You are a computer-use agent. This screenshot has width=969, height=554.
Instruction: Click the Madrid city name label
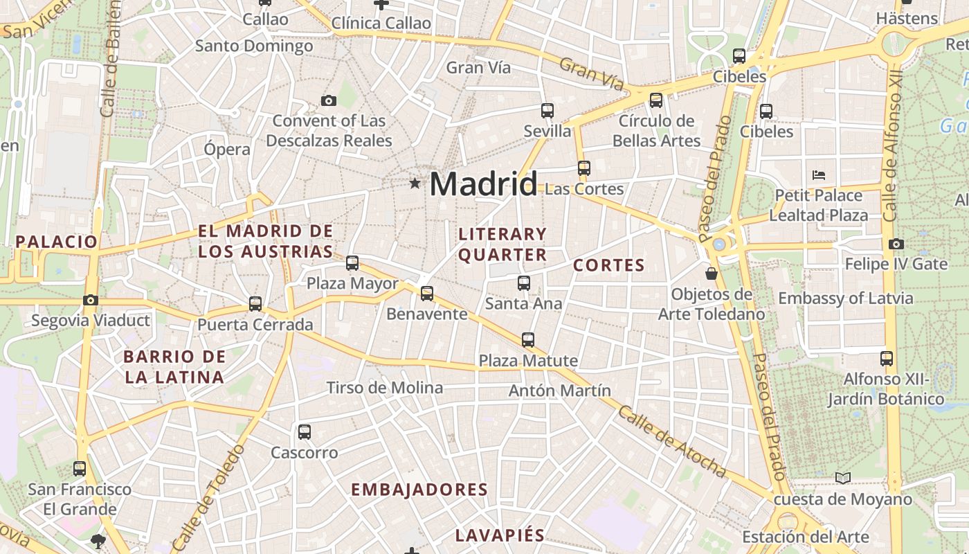pos(483,184)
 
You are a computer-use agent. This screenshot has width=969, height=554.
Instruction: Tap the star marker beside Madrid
pos(415,184)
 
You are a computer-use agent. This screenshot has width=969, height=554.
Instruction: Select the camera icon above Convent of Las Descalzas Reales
pos(329,101)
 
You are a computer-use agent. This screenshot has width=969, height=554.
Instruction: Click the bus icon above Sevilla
pos(547,110)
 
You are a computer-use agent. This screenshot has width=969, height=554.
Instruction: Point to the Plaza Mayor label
pos(352,283)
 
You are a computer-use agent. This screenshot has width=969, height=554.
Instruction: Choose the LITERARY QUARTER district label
pos(502,244)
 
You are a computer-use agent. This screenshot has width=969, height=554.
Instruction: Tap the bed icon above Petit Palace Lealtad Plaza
pos(819,175)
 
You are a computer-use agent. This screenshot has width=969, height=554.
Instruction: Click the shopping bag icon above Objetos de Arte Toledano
pos(711,274)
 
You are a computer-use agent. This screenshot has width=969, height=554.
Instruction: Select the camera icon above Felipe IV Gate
pos(896,244)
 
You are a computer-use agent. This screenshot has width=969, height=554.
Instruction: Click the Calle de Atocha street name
pos(671,442)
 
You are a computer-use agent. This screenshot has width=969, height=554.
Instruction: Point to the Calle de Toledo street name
pos(208,497)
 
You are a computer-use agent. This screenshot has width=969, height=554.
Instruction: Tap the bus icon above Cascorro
pos(304,432)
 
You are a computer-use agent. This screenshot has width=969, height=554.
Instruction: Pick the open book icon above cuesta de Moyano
pos(842,478)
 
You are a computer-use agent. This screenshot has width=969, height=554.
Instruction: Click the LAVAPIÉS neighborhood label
pos(500,535)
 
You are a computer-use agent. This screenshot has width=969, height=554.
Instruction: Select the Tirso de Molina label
pos(384,388)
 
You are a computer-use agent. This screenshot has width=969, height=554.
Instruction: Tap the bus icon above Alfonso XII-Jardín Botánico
pos(887,359)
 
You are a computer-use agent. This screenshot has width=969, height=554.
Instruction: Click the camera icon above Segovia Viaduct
pos(91,300)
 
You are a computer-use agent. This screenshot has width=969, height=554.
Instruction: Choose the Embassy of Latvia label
pos(845,298)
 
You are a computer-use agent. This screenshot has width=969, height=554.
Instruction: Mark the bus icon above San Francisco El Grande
pos(80,469)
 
